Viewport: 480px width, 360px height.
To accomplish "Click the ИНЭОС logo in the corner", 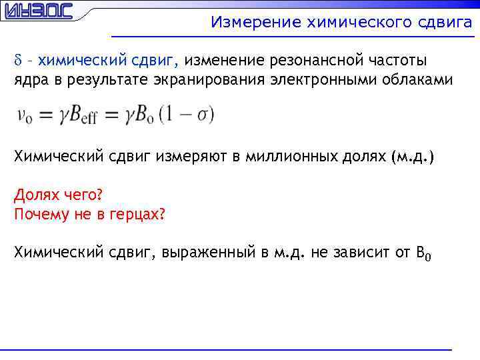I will [x=37, y=12].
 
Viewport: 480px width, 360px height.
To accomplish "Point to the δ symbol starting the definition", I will [x=18, y=61].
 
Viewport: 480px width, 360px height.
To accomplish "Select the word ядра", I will [x=30, y=81].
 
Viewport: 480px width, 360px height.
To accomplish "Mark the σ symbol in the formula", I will [x=203, y=115].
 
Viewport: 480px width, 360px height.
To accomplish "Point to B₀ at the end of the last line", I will [x=424, y=253].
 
